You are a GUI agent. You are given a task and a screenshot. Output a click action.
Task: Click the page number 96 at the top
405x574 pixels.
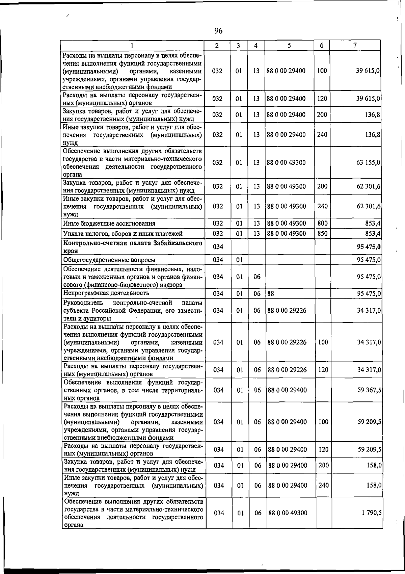[x=218, y=31]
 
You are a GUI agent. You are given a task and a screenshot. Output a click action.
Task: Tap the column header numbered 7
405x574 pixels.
[x=355, y=45]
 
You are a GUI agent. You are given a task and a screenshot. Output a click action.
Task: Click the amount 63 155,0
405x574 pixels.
[x=369, y=163]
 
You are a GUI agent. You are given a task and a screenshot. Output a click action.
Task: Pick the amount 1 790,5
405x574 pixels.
[x=372, y=513]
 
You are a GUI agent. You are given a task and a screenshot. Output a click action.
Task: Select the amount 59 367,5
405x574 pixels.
[x=370, y=390]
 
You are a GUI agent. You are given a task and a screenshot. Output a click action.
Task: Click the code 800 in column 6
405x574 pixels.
[x=322, y=223]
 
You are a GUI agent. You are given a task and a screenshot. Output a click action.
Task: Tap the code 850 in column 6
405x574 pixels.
[x=322, y=233]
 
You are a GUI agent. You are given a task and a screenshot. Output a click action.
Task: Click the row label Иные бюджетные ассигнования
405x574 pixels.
[x=109, y=224]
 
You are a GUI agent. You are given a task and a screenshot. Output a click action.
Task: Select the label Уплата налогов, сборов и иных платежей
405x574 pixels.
[x=123, y=234]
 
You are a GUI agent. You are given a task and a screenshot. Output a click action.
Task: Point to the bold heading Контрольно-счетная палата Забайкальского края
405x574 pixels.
[x=133, y=247]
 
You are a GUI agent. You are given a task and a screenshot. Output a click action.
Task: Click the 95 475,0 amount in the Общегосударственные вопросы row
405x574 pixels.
[x=369, y=260]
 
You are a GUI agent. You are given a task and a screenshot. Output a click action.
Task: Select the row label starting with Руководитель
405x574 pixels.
[x=133, y=310]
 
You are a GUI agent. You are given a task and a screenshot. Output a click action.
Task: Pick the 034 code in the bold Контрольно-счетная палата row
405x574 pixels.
[x=218, y=247]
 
